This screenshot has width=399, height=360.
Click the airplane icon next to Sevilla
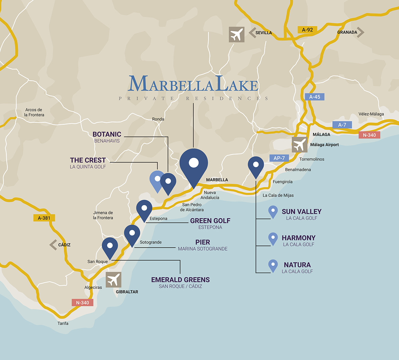tap(237, 35)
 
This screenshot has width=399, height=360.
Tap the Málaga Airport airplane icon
tap(300, 145)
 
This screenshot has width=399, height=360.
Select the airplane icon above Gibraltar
tap(113, 280)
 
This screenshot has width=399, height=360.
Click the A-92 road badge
tap(307, 30)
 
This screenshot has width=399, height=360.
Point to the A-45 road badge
tap(314, 97)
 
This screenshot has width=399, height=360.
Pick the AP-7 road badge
tap(279, 158)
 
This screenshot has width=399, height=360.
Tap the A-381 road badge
tap(44, 218)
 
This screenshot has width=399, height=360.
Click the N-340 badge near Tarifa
tap(82, 303)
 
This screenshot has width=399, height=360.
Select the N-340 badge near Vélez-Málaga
tap(369, 135)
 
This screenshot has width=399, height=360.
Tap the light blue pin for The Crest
tap(156, 180)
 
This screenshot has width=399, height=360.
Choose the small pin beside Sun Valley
tap(273, 211)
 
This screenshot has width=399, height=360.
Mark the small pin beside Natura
tap(273, 265)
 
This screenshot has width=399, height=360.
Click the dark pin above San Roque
tap(110, 247)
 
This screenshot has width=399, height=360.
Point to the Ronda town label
tap(158, 119)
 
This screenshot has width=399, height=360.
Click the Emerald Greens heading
tap(180, 280)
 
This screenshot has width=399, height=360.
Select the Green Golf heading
tap(210, 221)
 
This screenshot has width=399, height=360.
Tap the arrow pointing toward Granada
tap(360, 32)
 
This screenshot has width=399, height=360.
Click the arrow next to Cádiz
tap(53, 245)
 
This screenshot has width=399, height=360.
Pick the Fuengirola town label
tap(283, 182)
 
